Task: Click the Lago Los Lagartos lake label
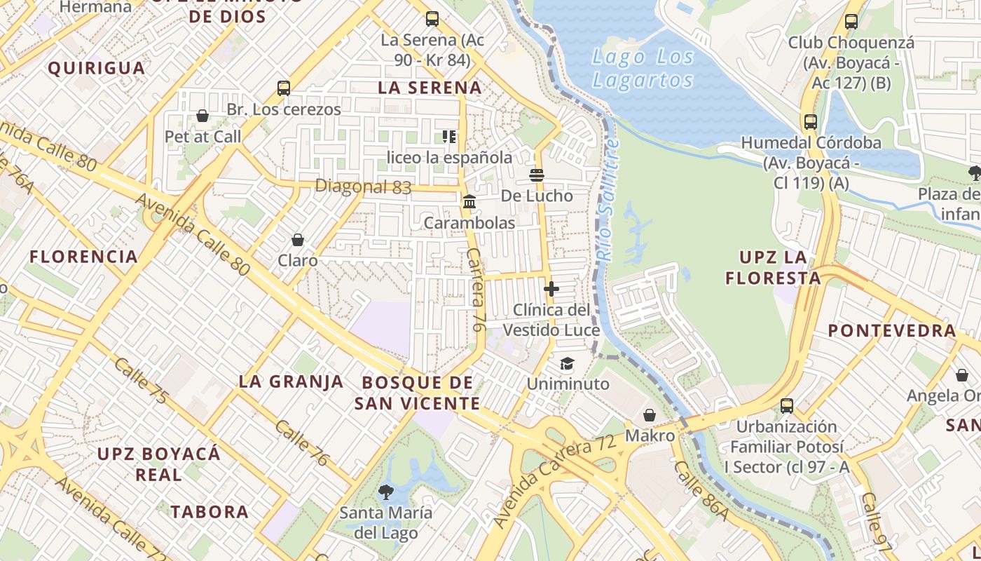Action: point(643,68)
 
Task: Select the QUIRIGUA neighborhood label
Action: point(97,68)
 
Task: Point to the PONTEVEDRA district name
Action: point(892,331)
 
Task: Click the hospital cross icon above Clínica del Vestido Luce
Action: point(551,288)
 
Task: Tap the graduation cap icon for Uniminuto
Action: point(567,363)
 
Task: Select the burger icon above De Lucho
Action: point(537,175)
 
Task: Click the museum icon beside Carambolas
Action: point(469,202)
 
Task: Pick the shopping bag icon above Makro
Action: point(650,415)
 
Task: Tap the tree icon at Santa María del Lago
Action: point(385,492)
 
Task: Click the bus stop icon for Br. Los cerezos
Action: point(284,88)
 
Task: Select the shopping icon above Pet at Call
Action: point(203,116)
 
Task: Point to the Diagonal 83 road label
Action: point(363,187)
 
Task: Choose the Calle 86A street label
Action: point(701,492)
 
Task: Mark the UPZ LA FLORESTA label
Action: point(773,267)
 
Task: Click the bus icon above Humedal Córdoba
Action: point(811,122)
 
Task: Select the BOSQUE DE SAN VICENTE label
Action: point(418,393)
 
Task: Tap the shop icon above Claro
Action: point(298,240)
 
